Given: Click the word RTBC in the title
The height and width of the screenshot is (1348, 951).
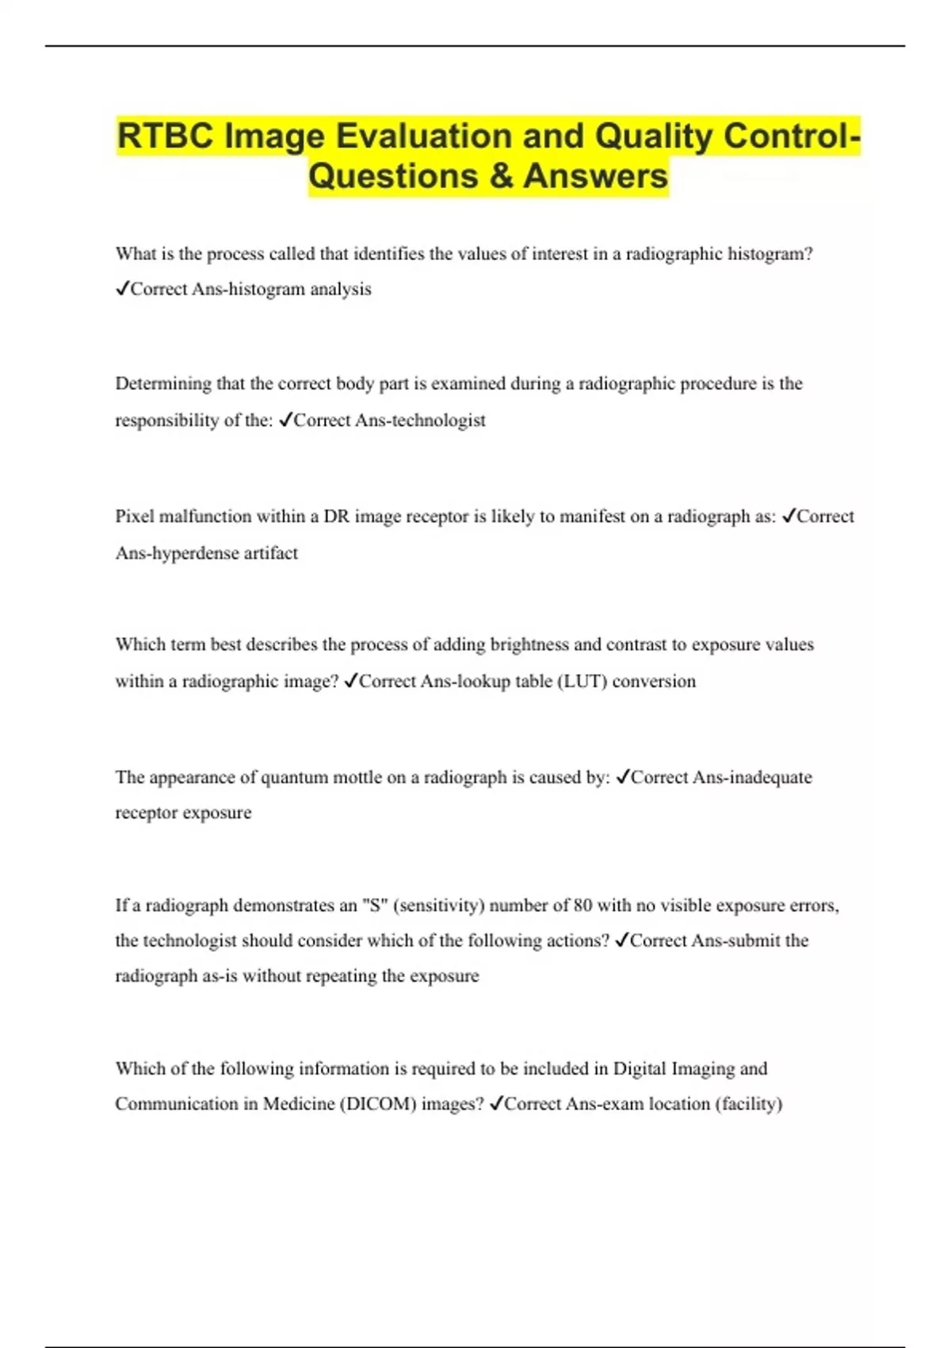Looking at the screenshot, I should coord(166,136).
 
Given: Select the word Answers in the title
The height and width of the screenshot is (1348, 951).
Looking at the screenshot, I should coord(595,176).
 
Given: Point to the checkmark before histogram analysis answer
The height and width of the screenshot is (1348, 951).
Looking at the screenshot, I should coord(122,289).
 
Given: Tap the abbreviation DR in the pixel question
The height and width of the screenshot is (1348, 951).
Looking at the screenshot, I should coord(336,516).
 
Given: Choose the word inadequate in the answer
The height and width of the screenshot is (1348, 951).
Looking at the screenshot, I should coord(770,777).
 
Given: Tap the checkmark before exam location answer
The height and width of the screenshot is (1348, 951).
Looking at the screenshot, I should coord(496,1103).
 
